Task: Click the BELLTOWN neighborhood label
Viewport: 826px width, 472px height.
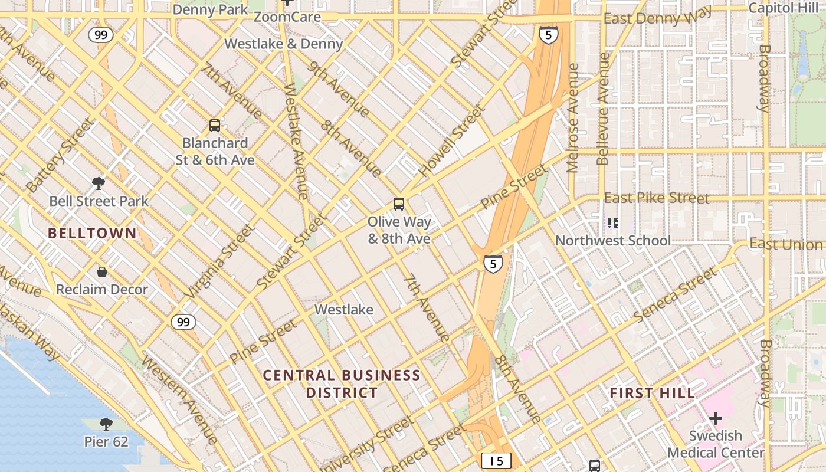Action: pyautogui.click(x=92, y=233)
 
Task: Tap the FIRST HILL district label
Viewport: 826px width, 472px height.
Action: pyautogui.click(x=652, y=394)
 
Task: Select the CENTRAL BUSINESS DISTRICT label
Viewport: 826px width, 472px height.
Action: pyautogui.click(x=341, y=383)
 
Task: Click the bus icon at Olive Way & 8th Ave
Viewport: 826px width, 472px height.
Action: pyautogui.click(x=399, y=204)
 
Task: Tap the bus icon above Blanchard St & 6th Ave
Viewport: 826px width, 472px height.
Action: pyautogui.click(x=215, y=125)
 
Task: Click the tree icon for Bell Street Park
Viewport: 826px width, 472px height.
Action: pyautogui.click(x=99, y=183)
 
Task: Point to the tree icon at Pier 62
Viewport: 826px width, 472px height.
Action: pyautogui.click(x=106, y=424)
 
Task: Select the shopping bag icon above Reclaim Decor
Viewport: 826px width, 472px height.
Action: pyautogui.click(x=102, y=272)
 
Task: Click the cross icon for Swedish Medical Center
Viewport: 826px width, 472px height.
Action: pyautogui.click(x=716, y=419)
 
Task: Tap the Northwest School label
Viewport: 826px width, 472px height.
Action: pyautogui.click(x=613, y=241)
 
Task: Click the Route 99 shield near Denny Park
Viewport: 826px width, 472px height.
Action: pyautogui.click(x=101, y=35)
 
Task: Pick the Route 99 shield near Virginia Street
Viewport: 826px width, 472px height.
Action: pyautogui.click(x=183, y=322)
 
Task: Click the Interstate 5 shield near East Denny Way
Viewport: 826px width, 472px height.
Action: pyautogui.click(x=548, y=35)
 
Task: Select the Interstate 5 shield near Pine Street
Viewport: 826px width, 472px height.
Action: pyautogui.click(x=493, y=263)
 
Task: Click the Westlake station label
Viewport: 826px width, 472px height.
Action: pyautogui.click(x=344, y=310)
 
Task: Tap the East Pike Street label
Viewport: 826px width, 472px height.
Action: pyautogui.click(x=657, y=198)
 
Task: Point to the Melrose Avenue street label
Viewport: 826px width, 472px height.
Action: pyautogui.click(x=573, y=118)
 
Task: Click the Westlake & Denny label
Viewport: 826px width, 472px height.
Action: pyautogui.click(x=283, y=44)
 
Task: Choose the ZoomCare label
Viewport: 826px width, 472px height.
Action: pyautogui.click(x=287, y=17)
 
